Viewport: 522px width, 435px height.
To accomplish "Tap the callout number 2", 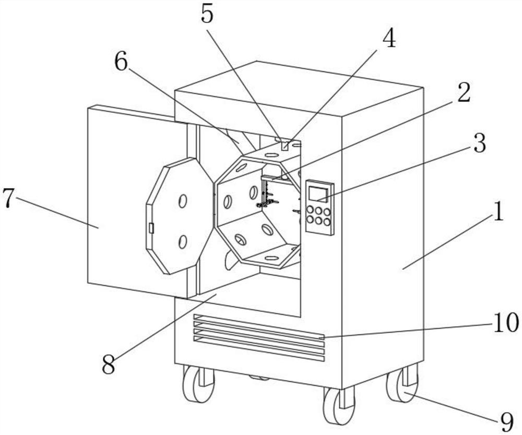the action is click(x=463, y=92).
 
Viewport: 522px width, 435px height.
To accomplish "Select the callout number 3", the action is click(x=479, y=143).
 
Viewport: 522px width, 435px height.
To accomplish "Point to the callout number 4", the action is click(x=389, y=38).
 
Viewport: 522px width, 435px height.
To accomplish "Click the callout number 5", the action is click(x=207, y=14).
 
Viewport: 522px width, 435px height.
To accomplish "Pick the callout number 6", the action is click(x=121, y=62).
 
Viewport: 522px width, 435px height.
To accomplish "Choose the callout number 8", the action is click(x=109, y=364).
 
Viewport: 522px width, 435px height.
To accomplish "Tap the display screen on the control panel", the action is click(x=318, y=194).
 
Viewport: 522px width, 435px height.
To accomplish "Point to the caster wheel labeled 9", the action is click(x=402, y=382).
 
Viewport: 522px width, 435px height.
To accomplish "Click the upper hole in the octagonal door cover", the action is click(x=182, y=201).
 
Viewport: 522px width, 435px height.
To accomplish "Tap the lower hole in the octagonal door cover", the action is click(x=182, y=241).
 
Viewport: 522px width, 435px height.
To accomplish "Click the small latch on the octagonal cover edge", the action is click(x=151, y=228).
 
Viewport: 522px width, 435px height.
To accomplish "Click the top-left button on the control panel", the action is click(x=311, y=210).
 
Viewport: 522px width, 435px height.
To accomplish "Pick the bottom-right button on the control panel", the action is click(x=327, y=222).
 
